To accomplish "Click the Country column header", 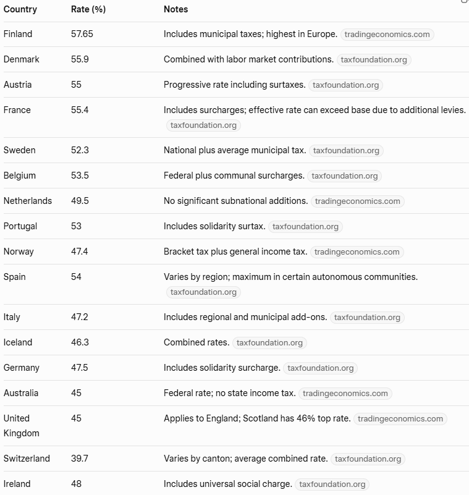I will [20, 9].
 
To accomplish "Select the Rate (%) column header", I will [90, 9].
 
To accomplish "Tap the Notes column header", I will [175, 9].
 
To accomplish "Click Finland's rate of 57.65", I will [82, 34].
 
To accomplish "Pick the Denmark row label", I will [21, 59].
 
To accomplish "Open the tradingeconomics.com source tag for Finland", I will [387, 35].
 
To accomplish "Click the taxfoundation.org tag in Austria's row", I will [345, 85].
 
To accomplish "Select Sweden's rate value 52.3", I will [79, 150].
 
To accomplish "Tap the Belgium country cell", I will [19, 176].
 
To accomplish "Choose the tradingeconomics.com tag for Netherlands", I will [357, 201].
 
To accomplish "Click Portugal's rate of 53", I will [76, 226].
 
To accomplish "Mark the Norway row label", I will [19, 252].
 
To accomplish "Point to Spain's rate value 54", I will [76, 277].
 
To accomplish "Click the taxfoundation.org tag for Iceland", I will [269, 342].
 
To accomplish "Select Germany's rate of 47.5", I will [79, 368].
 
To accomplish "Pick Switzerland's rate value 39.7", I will [79, 459].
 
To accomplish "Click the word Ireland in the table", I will [17, 484].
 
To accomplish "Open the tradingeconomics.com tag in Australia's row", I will [345, 393].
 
